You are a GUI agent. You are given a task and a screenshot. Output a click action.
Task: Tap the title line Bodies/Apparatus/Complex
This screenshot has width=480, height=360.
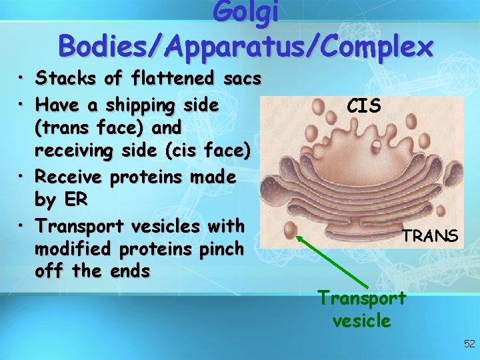coord(245,46)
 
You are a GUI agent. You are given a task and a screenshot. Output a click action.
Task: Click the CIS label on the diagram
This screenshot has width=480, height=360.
coord(364,105)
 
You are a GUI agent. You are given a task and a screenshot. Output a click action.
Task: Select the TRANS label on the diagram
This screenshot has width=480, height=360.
coord(429,235)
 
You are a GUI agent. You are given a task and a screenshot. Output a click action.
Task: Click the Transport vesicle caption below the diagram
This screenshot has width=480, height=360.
coord(361,309)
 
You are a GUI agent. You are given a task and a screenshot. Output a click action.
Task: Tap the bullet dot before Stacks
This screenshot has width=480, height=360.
coord(23,80)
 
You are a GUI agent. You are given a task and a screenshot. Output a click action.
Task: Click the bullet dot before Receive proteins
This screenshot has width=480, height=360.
coord(23,177)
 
